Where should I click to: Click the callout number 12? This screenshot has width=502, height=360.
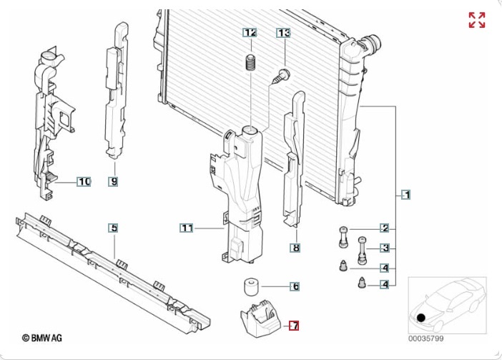point(250,33)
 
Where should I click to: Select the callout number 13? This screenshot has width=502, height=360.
point(284,33)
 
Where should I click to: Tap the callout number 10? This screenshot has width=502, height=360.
point(84,182)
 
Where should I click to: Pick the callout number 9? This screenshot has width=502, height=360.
point(114,182)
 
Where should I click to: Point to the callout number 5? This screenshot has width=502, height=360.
point(114,228)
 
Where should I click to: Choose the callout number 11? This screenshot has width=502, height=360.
point(186,228)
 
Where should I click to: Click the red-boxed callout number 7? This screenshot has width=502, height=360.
point(294,326)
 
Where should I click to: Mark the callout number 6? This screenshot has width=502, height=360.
point(294,286)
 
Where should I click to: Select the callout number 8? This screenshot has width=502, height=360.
point(295,248)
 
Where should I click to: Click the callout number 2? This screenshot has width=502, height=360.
point(385,228)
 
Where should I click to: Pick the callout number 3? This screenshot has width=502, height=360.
point(385,248)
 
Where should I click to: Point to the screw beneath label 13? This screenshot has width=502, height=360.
point(281,74)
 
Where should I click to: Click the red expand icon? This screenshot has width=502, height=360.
point(477,20)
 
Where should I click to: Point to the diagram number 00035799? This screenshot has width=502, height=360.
point(426,337)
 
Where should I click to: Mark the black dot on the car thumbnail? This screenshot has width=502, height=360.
point(421,318)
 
